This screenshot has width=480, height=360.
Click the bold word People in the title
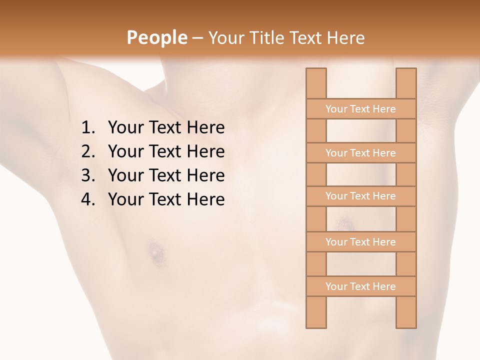156,38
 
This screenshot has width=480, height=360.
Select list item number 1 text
166,128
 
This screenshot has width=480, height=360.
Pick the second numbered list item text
166,151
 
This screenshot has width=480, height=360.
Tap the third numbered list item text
166,175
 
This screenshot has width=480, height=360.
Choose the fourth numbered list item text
166,199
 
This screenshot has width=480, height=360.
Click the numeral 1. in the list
87,128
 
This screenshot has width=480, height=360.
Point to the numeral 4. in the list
87,199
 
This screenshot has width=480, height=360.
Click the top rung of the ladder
360,109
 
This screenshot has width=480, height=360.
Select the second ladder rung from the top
360,153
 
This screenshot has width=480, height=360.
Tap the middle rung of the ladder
360,196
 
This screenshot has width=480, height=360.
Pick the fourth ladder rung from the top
360,242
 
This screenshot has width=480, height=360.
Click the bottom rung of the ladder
360,286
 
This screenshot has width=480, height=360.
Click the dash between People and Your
197,38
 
